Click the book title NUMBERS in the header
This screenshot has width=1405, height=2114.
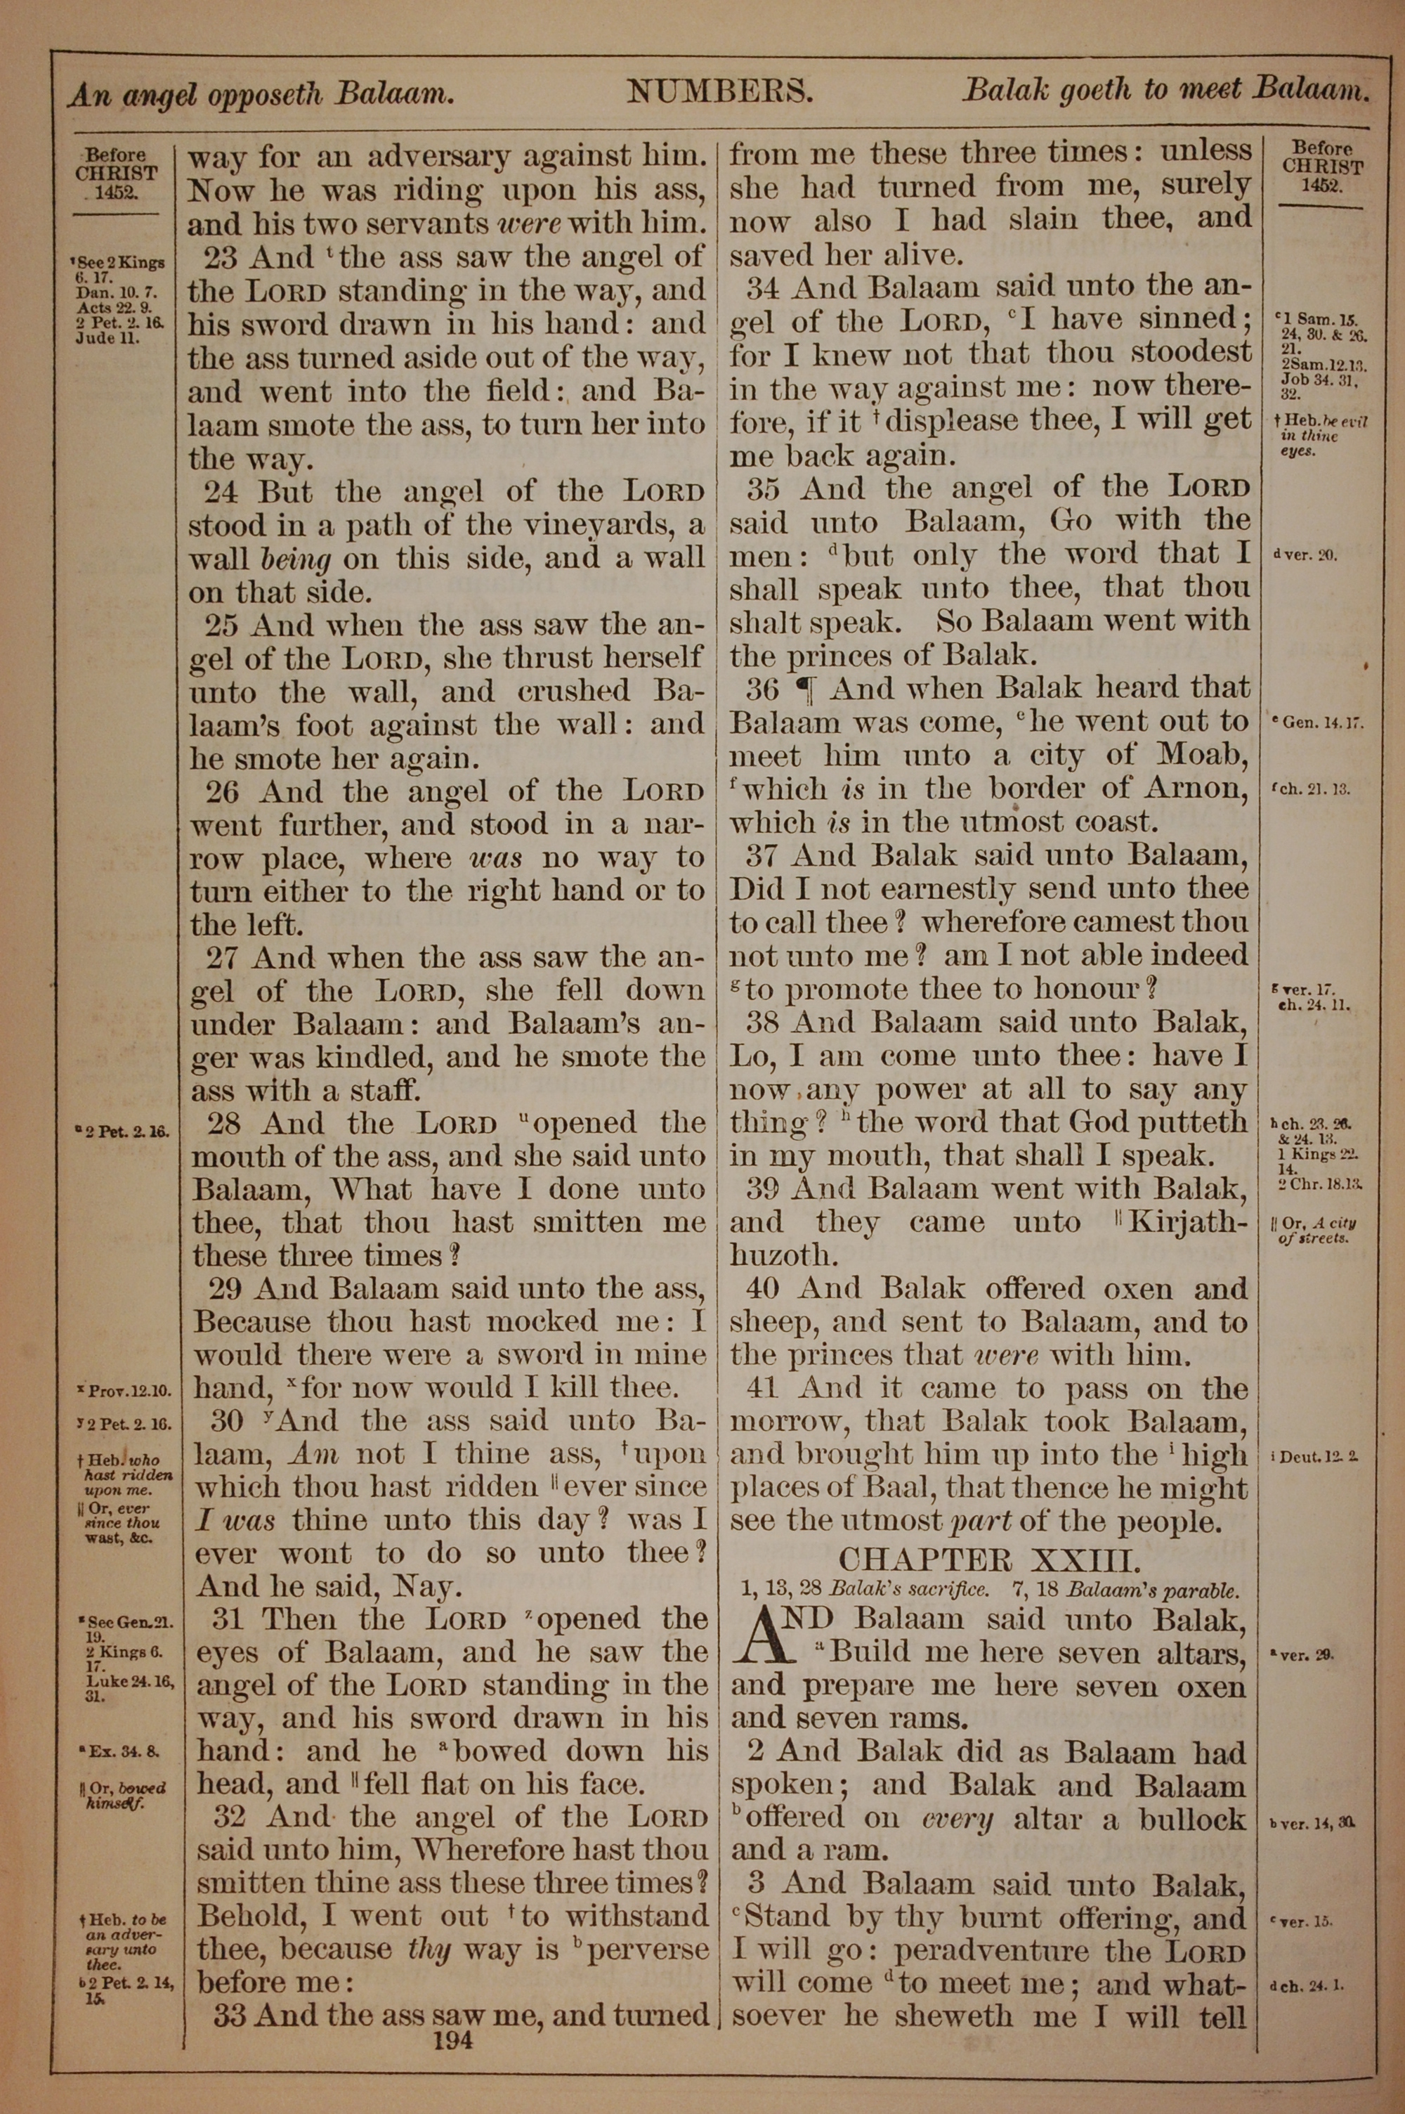tap(719, 91)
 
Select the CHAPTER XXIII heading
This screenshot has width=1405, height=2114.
tap(990, 1559)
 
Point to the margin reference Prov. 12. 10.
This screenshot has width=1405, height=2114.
tap(124, 1392)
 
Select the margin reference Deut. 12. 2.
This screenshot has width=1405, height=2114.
tap(1314, 1456)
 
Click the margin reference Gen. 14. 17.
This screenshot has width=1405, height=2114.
tap(1317, 722)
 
